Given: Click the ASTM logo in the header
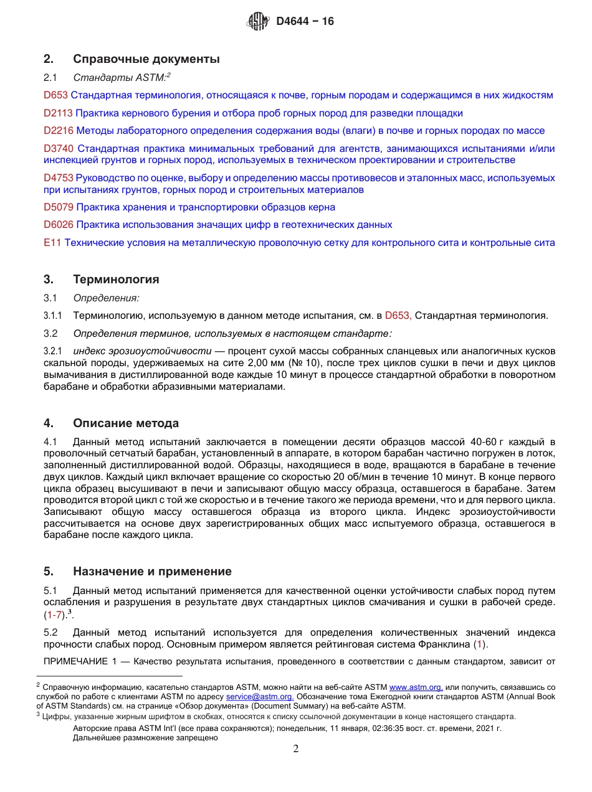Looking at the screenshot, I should point(258,22).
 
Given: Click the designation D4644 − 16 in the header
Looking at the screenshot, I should point(305,22).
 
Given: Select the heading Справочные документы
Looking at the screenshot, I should point(146,60).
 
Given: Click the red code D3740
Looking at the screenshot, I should point(59,149).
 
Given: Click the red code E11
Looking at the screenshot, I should point(52,243).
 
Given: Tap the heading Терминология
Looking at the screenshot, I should point(116,280).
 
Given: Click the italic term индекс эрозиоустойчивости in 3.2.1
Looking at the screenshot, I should point(142,351).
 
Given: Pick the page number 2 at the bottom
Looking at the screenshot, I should point(296,749).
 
